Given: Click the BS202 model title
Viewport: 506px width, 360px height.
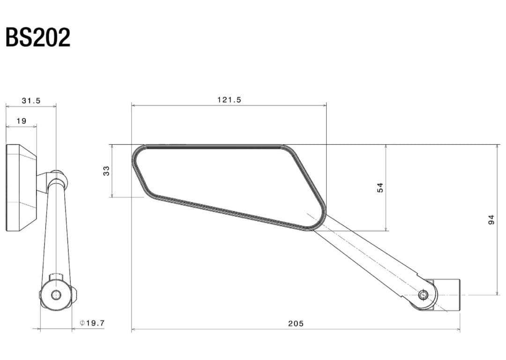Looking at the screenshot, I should pos(38,37).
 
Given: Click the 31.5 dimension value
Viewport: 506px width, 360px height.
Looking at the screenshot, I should pos(31,100).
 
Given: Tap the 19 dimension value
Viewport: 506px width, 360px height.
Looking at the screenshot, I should pos(22,121).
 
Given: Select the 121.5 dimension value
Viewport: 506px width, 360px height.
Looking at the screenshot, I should pos(229,100).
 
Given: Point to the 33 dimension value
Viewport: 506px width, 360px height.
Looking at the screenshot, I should pos(106,171).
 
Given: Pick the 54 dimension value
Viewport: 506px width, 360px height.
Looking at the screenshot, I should pos(380,187).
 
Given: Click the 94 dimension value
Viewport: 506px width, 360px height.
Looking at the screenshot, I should pos(491,219).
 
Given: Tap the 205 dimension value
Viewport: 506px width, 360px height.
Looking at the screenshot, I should pos(296,323).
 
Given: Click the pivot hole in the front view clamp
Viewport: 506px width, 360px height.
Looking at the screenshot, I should pos(423,295).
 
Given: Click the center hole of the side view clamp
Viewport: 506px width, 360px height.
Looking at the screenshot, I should pos(56,295).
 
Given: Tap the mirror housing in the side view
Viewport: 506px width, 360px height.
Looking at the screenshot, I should pos(21,187).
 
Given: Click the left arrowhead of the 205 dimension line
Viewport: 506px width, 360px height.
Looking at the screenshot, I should pos(134,330).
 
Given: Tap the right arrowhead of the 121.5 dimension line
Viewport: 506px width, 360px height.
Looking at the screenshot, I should pos(325,105).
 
